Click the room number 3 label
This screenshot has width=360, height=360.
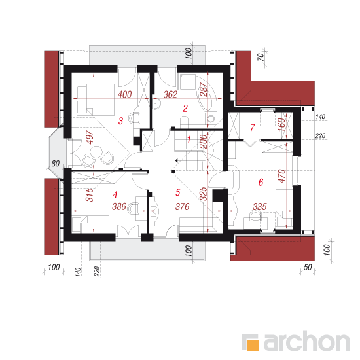121,121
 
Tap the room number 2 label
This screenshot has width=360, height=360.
185,109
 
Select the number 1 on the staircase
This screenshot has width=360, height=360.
189,139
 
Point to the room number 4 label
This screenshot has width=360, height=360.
115,194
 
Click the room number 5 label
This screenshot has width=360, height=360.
177,192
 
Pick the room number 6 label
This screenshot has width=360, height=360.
261,182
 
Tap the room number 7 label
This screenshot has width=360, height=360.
253,128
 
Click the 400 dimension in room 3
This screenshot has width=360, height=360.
125,94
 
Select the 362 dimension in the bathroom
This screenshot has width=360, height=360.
170,94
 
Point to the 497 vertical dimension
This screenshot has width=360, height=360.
90,137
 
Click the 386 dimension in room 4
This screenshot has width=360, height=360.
119,206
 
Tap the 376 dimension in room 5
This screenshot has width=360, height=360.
183,207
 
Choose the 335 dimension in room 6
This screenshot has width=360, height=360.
260,207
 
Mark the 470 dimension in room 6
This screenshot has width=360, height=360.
282,176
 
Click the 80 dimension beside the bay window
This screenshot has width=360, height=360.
56,164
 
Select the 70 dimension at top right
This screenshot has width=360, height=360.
261,57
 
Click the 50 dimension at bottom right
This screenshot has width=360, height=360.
308,267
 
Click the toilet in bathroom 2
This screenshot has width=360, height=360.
184,122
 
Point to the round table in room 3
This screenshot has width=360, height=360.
96,152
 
